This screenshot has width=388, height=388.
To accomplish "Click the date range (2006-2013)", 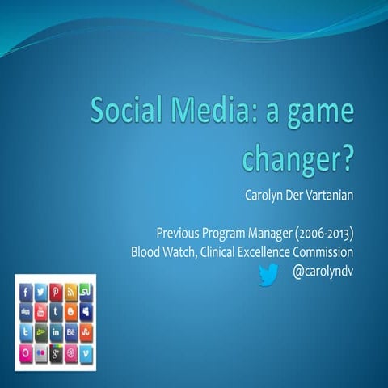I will tap(324, 234).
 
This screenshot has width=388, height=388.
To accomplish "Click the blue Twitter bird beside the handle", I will tap(268, 276).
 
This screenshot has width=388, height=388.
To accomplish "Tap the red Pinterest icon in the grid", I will tap(56, 293).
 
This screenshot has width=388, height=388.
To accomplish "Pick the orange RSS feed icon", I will tap(70, 293).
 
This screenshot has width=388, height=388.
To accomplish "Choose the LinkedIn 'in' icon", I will tap(56, 332).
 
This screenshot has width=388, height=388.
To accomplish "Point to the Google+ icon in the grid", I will tap(56, 352).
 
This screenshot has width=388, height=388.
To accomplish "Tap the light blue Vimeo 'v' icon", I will tap(86, 352).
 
